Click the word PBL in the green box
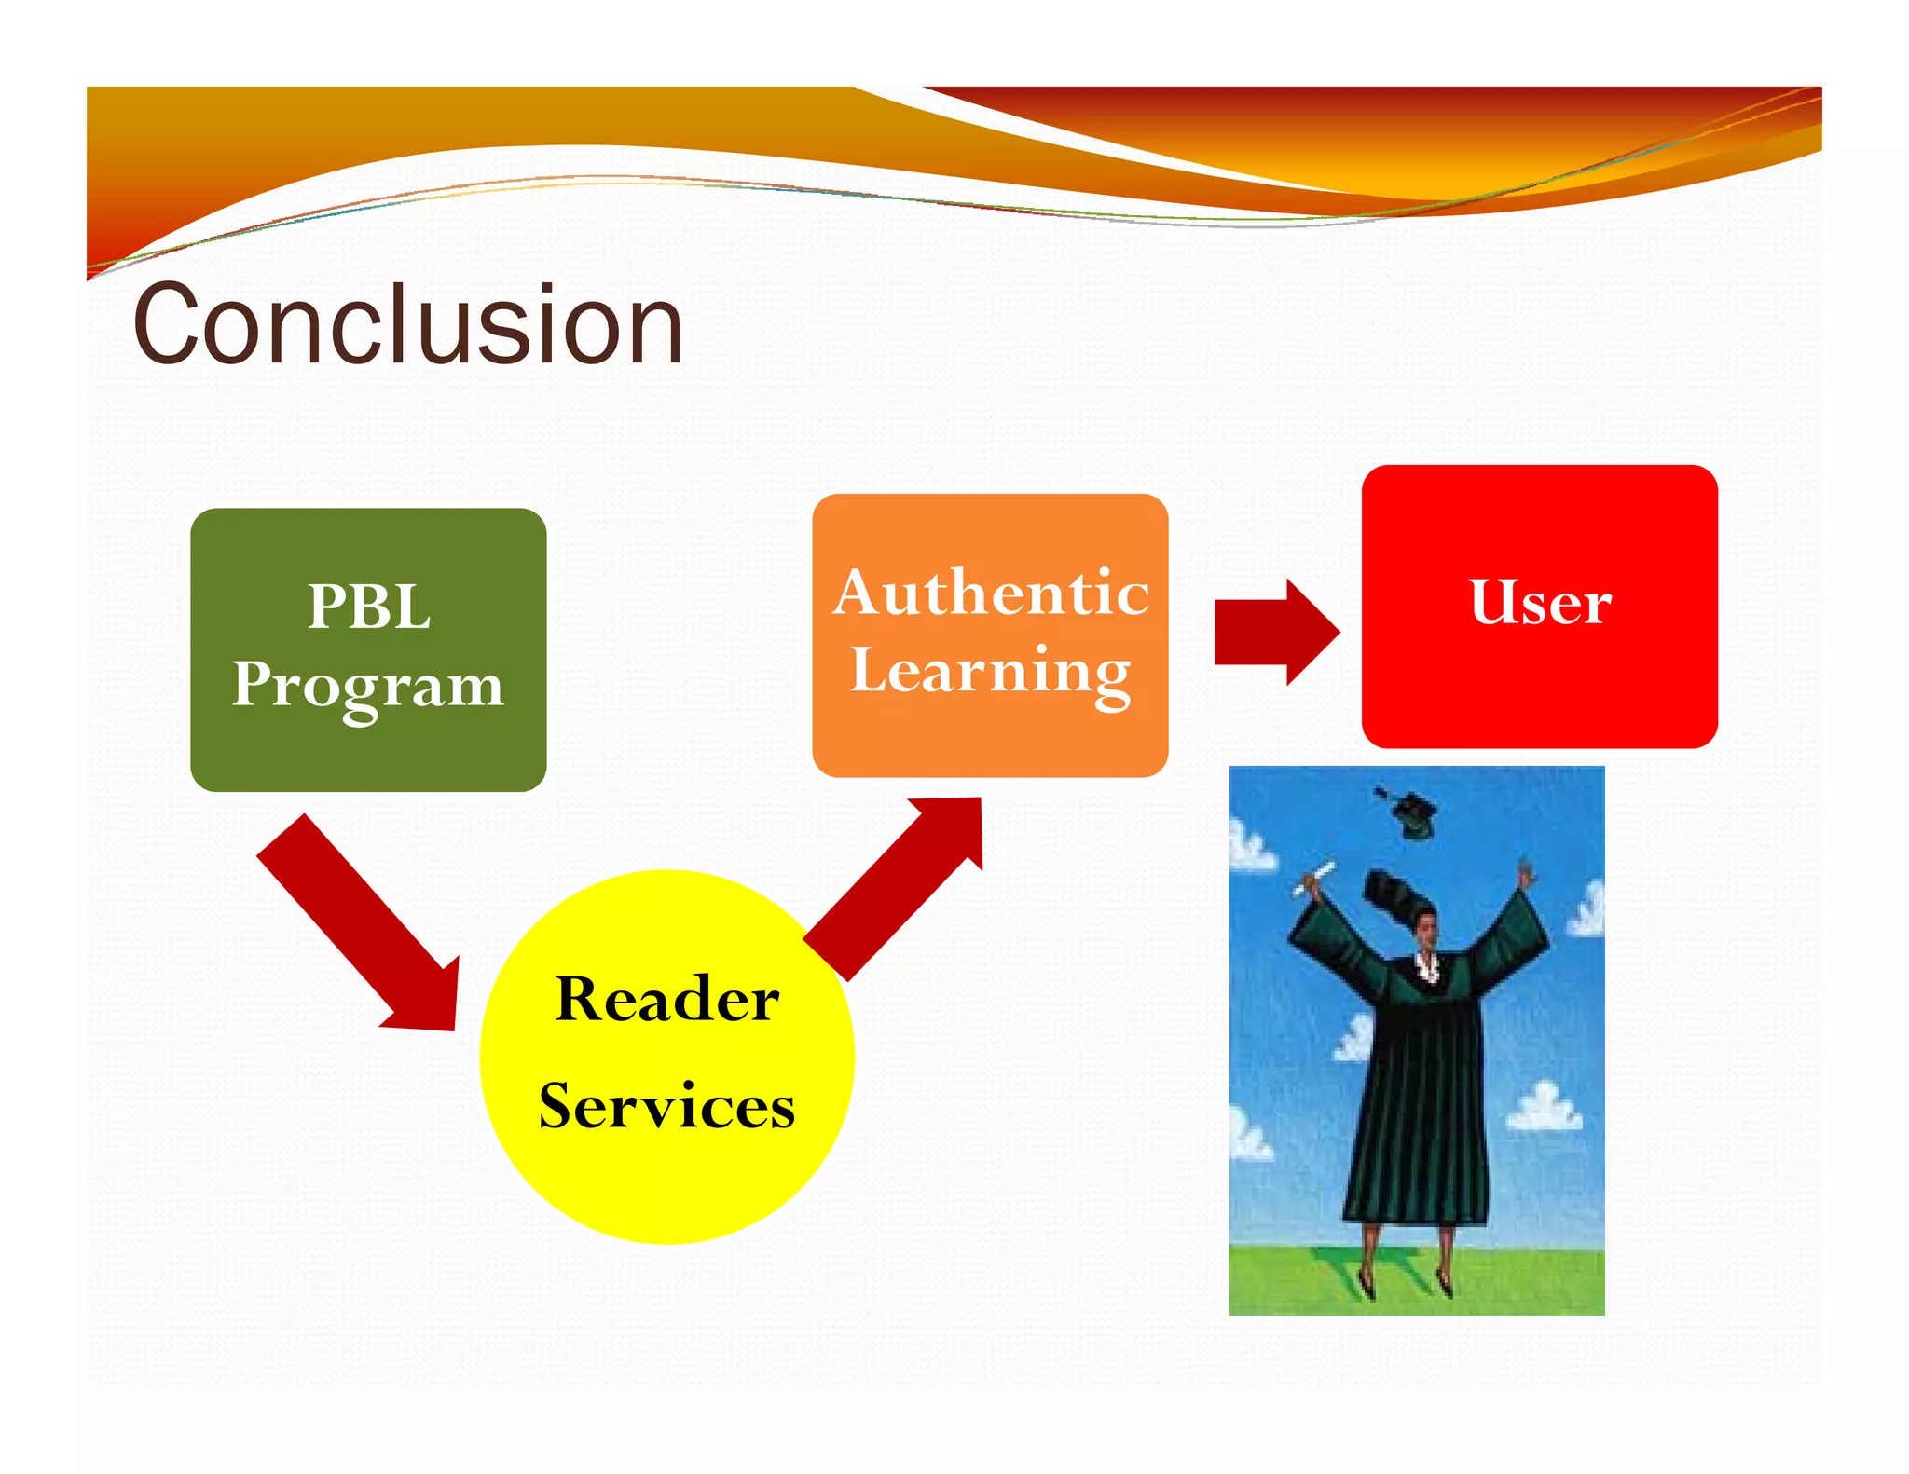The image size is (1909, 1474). point(369,607)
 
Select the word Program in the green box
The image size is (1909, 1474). point(368,685)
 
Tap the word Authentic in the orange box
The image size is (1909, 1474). point(991,593)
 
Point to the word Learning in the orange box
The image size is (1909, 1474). point(991,671)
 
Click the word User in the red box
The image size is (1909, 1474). point(1540,602)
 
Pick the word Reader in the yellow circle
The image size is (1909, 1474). point(666,999)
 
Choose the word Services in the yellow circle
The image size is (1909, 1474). point(666,1106)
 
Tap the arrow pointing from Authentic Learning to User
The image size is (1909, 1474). point(1276,633)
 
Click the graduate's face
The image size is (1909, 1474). point(1427,928)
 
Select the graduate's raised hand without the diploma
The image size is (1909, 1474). point(1526,876)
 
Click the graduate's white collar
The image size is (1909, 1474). point(1426,964)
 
